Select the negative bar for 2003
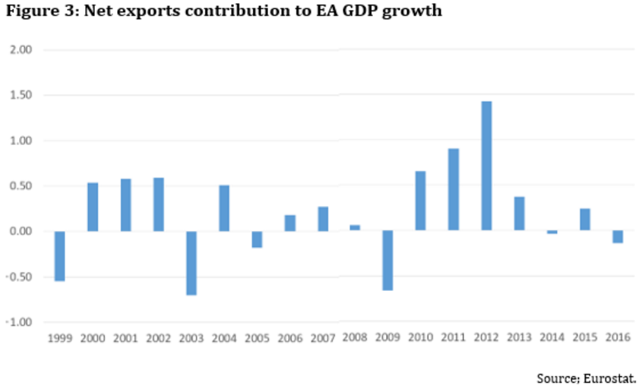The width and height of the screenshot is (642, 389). (191, 263)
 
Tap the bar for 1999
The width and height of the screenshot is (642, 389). (60, 256)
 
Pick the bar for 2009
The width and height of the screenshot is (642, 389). (387, 261)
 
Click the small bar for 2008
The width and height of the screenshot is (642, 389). (355, 228)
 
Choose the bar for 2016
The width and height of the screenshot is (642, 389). (618, 237)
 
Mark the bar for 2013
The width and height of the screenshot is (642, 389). (519, 213)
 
